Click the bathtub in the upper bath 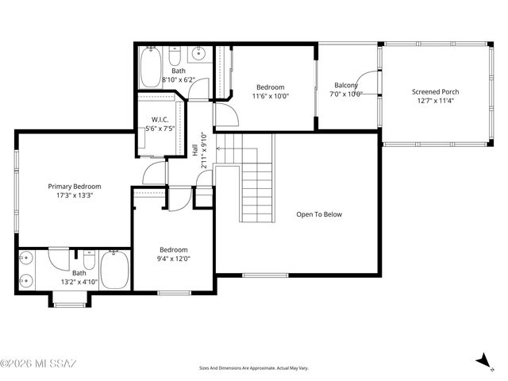pyautogui.click(x=150, y=67)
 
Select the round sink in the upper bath pyautogui.click(x=199, y=55)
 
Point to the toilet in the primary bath pyautogui.click(x=90, y=263)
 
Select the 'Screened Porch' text pyautogui.click(x=434, y=92)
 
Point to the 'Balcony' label pyautogui.click(x=346, y=86)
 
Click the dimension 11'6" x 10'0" pyautogui.click(x=271, y=96)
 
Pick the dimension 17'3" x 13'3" pyautogui.click(x=74, y=195)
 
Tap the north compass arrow pyautogui.click(x=483, y=361)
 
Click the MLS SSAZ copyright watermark pyautogui.click(x=38, y=364)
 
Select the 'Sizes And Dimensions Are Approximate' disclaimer pyautogui.click(x=253, y=368)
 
